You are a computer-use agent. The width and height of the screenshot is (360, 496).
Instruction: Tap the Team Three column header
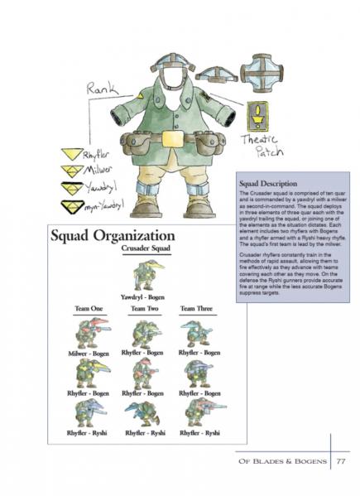point(200,309)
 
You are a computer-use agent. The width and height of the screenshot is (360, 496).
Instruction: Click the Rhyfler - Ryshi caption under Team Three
point(200,432)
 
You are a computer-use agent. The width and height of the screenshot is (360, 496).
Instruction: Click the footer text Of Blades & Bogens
point(281,464)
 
